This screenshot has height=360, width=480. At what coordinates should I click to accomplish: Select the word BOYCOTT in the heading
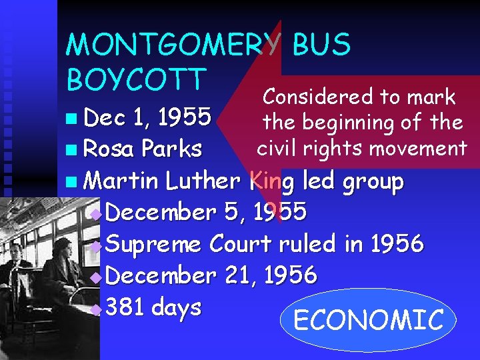click(x=134, y=79)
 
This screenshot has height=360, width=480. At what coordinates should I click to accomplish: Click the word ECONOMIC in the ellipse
click(x=368, y=321)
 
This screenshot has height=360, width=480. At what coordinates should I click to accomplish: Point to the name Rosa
click(x=109, y=149)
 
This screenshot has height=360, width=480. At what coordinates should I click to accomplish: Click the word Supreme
click(x=153, y=245)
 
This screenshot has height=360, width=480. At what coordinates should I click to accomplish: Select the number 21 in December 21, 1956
click(x=238, y=275)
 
